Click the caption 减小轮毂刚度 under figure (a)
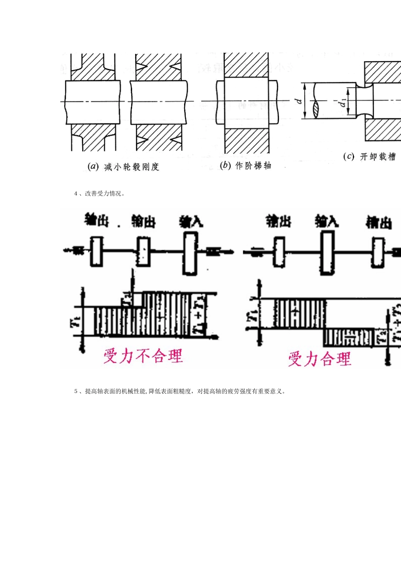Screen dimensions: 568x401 [132, 167]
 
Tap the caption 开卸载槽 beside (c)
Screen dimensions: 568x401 [378, 157]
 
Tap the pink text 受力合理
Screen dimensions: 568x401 [320, 359]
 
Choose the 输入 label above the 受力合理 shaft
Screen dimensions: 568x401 [326, 221]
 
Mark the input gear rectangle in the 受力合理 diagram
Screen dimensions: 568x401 [327, 253]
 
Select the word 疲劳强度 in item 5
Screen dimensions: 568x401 [239, 391]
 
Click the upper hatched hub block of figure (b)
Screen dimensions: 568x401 [247, 66]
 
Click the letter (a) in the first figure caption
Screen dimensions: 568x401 [93, 167]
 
